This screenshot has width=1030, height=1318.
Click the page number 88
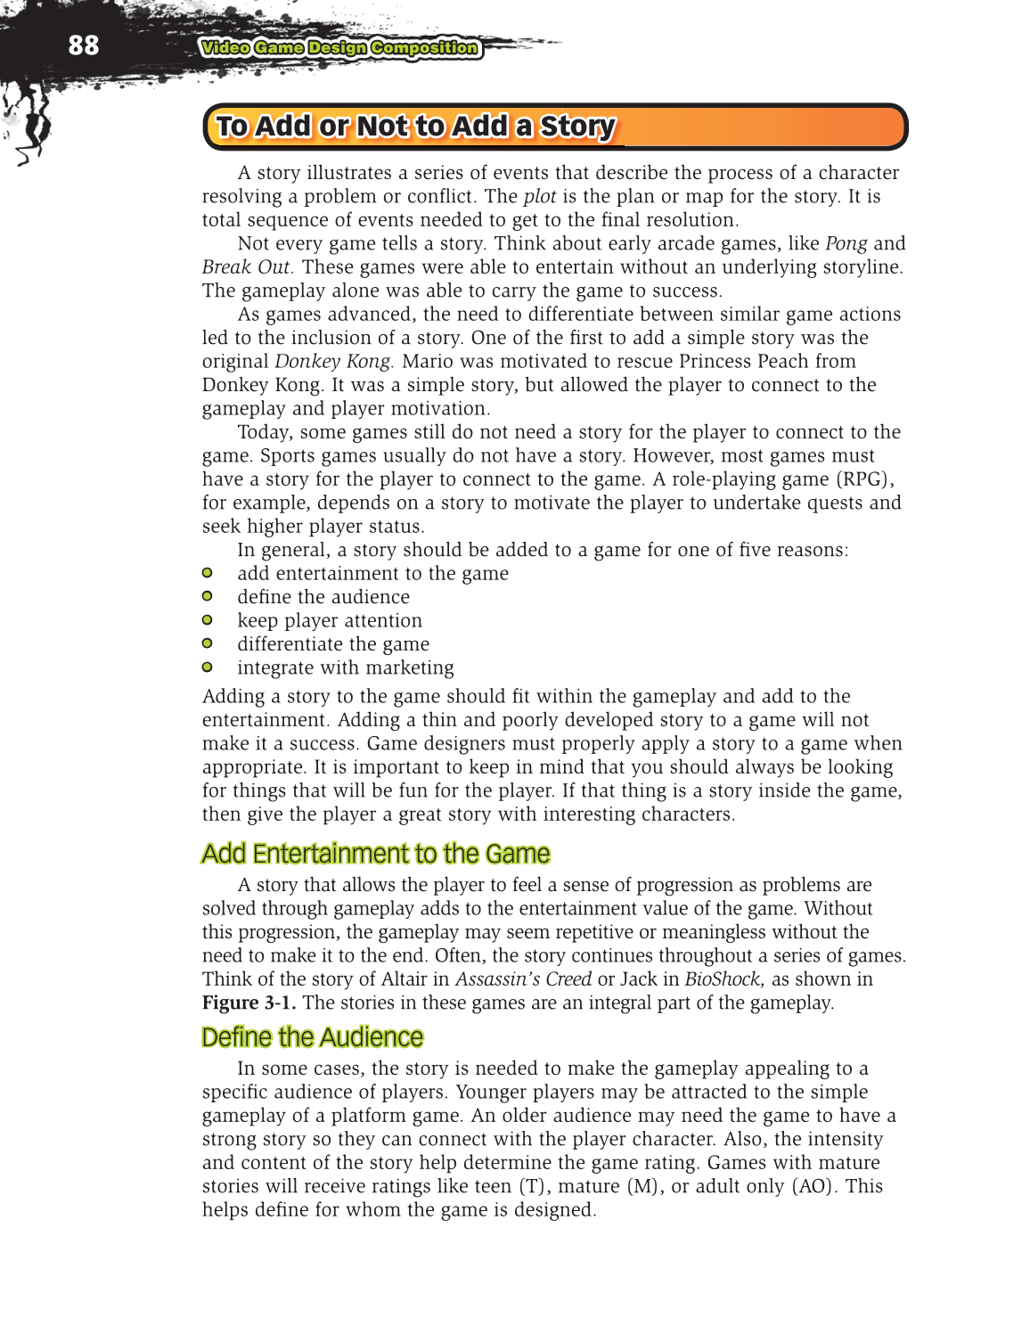pyautogui.click(x=83, y=45)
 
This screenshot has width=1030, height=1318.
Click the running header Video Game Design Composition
pyautogui.click(x=339, y=48)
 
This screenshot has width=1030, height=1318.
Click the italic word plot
pyautogui.click(x=539, y=197)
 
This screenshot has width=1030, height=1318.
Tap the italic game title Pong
pyautogui.click(x=846, y=244)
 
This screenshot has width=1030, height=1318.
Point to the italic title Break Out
pyautogui.click(x=246, y=267)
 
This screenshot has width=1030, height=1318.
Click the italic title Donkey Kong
pyautogui.click(x=333, y=362)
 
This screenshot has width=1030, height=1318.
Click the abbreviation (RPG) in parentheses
pyautogui.click(x=864, y=479)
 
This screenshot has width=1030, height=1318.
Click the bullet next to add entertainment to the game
pyautogui.click(x=208, y=573)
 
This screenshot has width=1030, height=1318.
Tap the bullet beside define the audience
pyautogui.click(x=208, y=596)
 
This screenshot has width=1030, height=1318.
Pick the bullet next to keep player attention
pyautogui.click(x=208, y=620)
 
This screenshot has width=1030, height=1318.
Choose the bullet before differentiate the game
pyautogui.click(x=208, y=643)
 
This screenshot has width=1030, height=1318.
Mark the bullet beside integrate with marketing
pyautogui.click(x=208, y=667)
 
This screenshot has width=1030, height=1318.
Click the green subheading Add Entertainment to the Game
pyautogui.click(x=375, y=854)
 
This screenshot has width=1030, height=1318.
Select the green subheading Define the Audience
pyautogui.click(x=312, y=1037)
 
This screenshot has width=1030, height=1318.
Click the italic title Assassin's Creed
pyautogui.click(x=523, y=979)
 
